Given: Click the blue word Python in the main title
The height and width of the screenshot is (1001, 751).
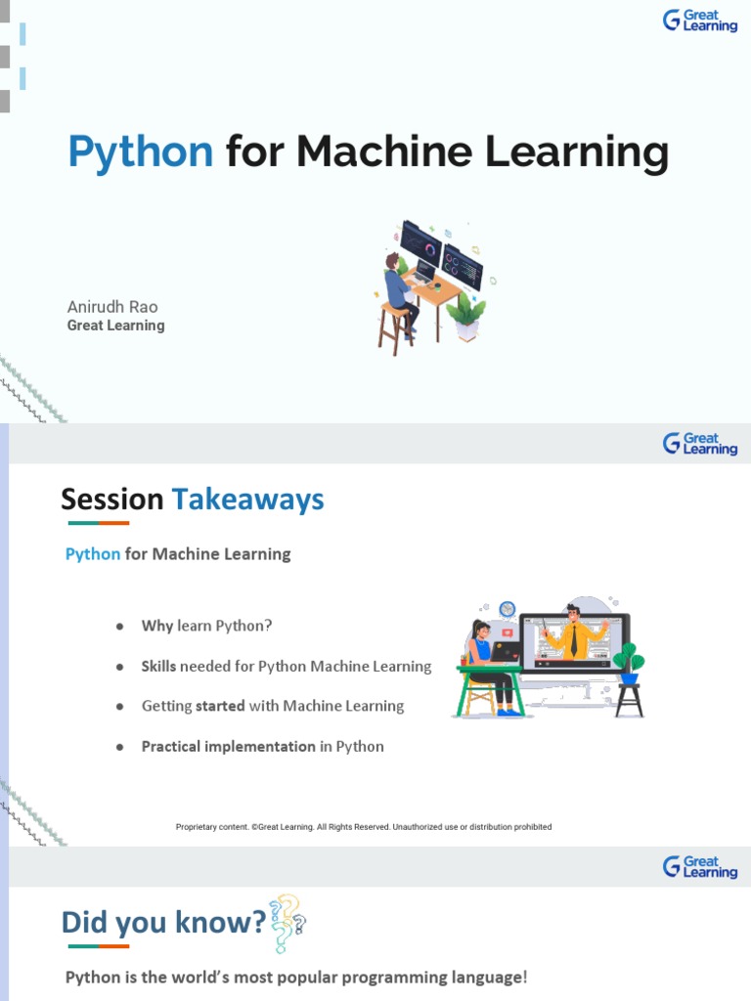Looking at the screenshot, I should coord(140,152).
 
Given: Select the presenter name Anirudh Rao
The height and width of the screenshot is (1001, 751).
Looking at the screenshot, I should coord(111,307).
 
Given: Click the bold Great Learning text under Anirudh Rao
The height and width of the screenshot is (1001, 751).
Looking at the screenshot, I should coord(115,326).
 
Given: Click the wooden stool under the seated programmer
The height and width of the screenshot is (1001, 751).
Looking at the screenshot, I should coord(395,328).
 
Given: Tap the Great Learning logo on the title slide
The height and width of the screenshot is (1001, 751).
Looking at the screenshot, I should coord(700,21).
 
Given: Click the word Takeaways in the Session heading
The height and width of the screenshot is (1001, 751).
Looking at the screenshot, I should coord(247,500).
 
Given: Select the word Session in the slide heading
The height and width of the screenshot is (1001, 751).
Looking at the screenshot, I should coord(111,500).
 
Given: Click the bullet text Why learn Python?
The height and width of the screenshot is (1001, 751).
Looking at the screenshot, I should coord(206,626).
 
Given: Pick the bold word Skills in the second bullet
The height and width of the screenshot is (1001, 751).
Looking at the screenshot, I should coord(158,666).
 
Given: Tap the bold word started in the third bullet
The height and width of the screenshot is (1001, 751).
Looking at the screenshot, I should coord(220,706).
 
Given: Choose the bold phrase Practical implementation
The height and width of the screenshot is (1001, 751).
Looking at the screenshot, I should coord(228,746).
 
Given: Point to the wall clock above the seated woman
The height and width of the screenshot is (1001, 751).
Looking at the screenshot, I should coord(507,609).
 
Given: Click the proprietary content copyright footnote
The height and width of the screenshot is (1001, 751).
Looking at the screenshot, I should coord(364,827).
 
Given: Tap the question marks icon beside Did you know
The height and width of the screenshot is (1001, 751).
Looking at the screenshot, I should coord(287,922).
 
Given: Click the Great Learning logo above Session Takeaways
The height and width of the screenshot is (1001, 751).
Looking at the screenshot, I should coord(700,444).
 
